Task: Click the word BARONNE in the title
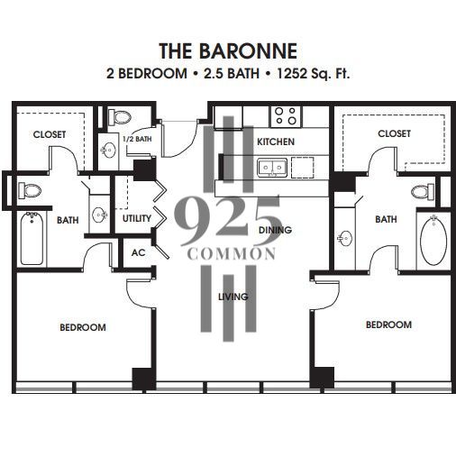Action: coord(248,50)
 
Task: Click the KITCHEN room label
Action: coord(276,142)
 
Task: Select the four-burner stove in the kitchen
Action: coord(287,116)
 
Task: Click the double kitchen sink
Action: coord(272,167)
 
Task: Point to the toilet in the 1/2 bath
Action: coord(120,117)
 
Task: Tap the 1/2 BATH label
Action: coord(137,139)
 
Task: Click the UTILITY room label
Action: coord(137,218)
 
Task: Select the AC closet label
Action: coord(138,252)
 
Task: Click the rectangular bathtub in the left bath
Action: coord(32,238)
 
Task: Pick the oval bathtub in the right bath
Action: coord(433,240)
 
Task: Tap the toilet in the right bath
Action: coord(423,191)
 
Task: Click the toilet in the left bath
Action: coord(30,190)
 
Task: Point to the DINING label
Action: coord(276,230)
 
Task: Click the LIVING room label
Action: coord(233,297)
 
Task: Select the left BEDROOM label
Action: coord(83,327)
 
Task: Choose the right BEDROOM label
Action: coord(388,324)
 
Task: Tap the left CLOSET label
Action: coord(50,134)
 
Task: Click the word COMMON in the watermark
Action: coord(232,254)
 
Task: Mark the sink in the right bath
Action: coord(345,239)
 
